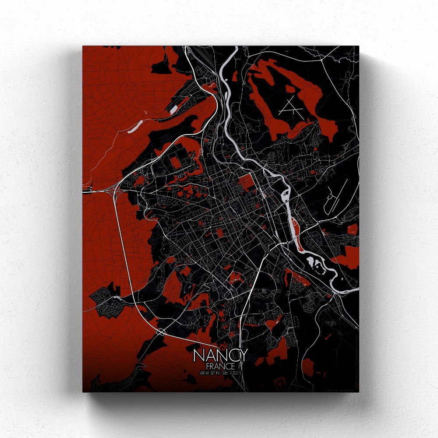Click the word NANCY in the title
[220, 355]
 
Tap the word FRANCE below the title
[220, 366]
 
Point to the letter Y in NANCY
[242, 355]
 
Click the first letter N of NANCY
[198, 355]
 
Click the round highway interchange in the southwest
[161, 332]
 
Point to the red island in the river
[294, 227]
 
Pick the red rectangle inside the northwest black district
[175, 162]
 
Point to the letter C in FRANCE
[227, 366]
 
